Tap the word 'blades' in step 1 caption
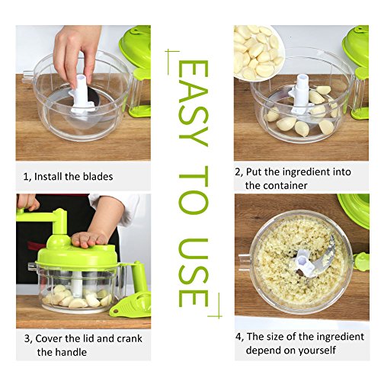tap(95, 177)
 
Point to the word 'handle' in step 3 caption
tap(71, 351)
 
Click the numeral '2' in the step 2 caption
tap(238, 173)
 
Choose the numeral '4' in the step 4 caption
tap(238, 338)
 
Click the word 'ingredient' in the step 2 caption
tap(309, 173)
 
